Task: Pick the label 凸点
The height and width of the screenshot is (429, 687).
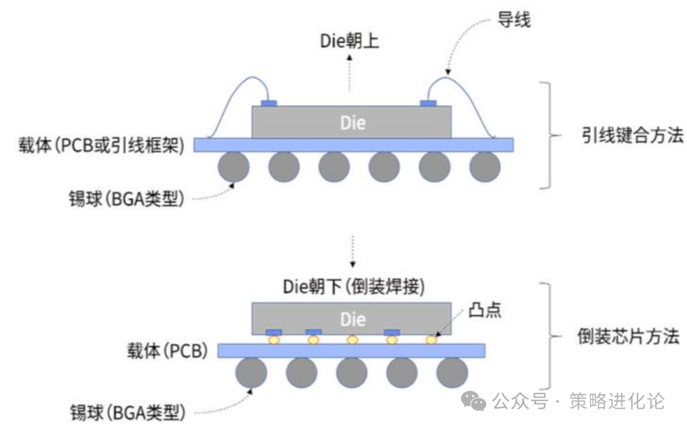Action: click(x=485, y=310)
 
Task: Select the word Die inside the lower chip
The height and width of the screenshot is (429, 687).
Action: click(x=352, y=319)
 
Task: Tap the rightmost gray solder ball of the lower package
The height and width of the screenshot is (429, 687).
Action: click(x=452, y=373)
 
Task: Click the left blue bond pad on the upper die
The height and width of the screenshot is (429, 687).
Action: click(x=269, y=103)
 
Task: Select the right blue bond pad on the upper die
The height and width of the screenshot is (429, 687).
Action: click(x=427, y=103)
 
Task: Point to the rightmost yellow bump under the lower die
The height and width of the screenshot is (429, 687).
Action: click(x=431, y=340)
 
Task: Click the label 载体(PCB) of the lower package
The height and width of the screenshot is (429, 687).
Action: click(x=167, y=351)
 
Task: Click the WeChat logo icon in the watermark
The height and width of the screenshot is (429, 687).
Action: click(x=474, y=400)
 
